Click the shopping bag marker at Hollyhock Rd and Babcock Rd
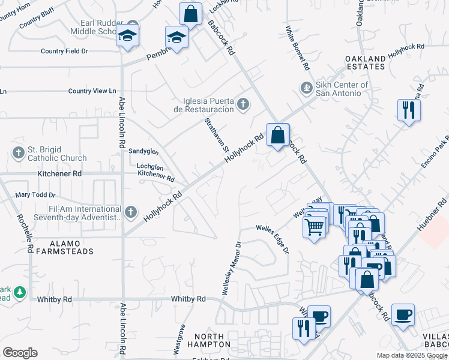tap(277, 136)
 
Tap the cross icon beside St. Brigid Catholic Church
tap(18, 153)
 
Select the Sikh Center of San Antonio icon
tap(307, 88)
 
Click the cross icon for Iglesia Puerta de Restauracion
tap(243, 105)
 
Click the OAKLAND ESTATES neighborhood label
tap(365, 62)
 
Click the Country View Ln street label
tap(92, 91)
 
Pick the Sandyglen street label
tap(143, 153)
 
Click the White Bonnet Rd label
tap(297, 47)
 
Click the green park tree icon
tap(20, 292)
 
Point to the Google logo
tap(20, 353)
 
